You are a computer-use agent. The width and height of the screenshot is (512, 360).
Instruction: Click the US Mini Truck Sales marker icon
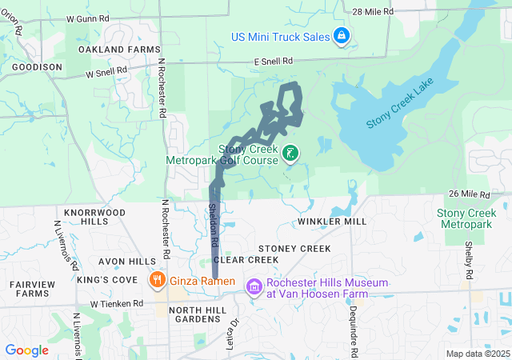pyautogui.click(x=341, y=36)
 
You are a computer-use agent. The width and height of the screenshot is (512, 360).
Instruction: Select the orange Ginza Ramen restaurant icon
pyautogui.click(x=157, y=281)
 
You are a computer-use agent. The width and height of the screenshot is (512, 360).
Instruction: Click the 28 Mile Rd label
pyautogui.click(x=373, y=11)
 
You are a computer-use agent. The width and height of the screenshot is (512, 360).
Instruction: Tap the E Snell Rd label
pyautogui.click(x=274, y=61)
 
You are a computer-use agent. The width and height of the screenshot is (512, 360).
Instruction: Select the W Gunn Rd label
pyautogui.click(x=88, y=18)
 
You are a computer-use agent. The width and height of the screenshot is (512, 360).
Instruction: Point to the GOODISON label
pyautogui.click(x=37, y=67)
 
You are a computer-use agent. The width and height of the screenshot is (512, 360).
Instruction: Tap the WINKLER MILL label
pyautogui.click(x=331, y=221)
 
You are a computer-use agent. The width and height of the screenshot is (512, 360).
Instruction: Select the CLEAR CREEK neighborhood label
pyautogui.click(x=246, y=260)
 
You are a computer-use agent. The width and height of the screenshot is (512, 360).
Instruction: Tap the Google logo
pyautogui.click(x=26, y=350)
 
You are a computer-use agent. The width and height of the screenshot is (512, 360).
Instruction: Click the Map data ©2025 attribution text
pyautogui.click(x=477, y=354)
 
